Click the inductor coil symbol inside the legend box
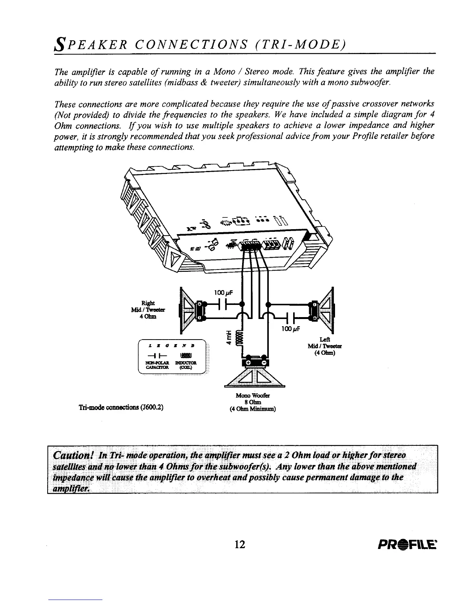[182, 356]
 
